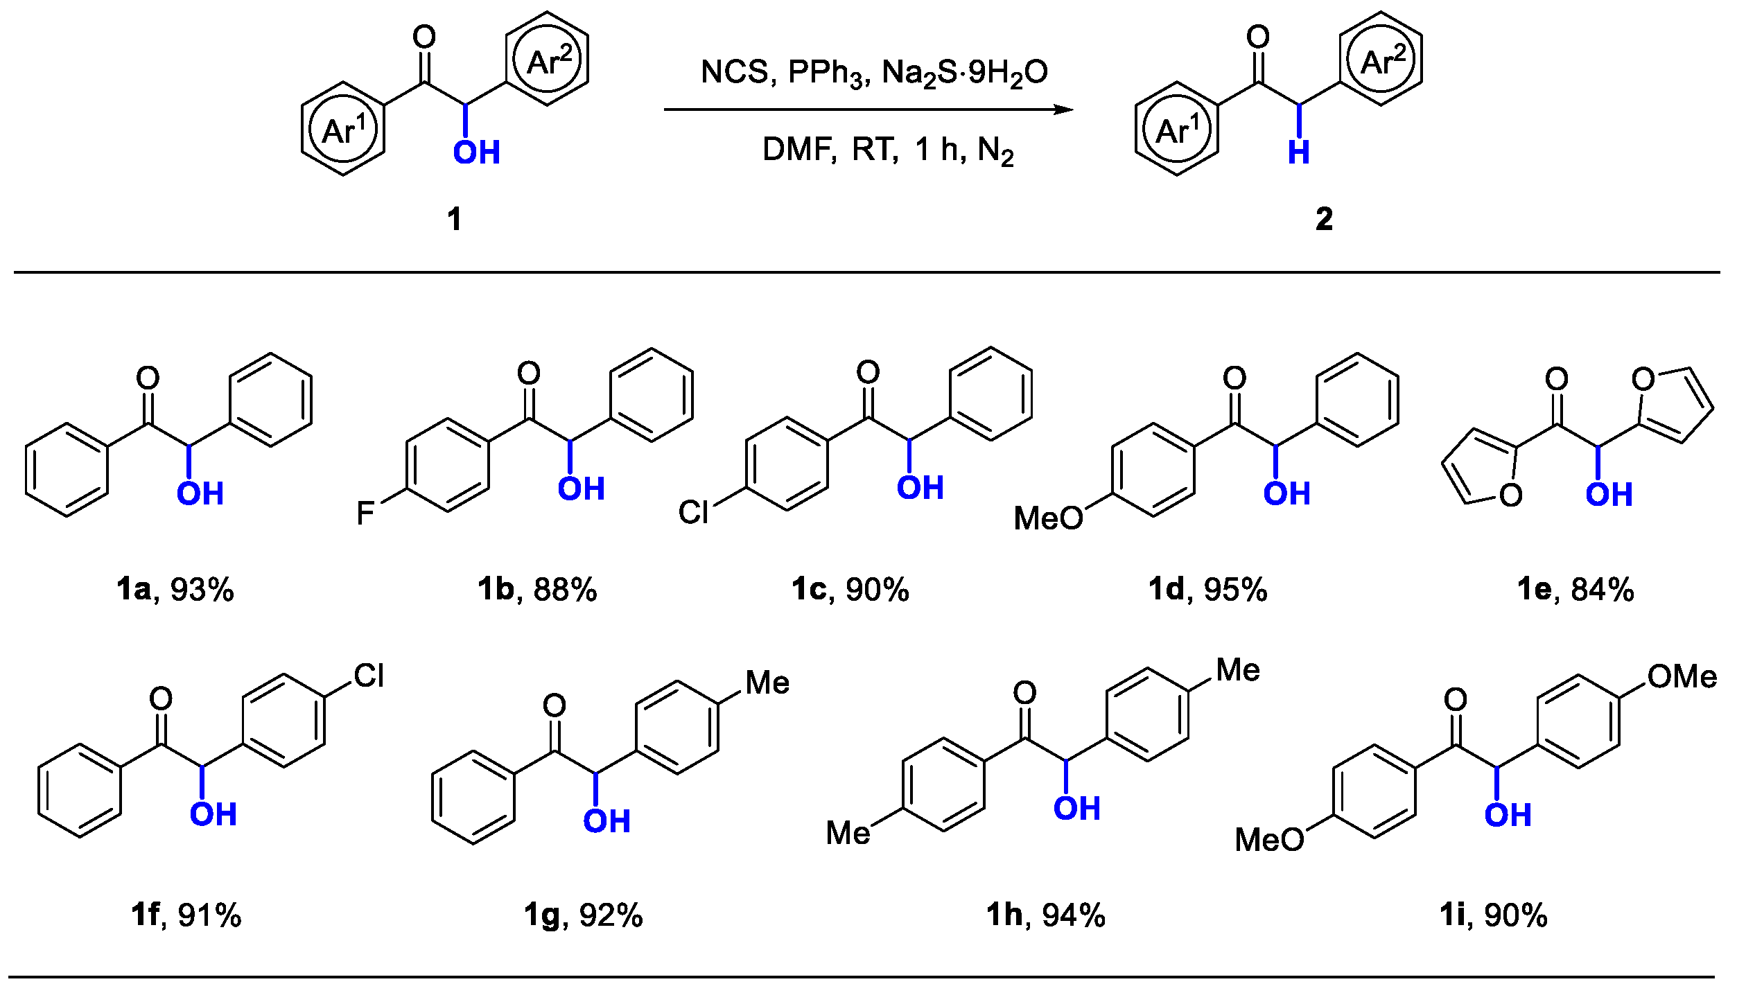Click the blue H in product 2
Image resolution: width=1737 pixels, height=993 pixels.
coord(1298,152)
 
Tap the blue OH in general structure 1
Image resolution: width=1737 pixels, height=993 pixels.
coord(477,152)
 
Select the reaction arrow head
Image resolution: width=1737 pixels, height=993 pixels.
coord(1063,109)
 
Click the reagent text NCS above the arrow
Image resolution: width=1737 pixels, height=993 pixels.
coord(734,72)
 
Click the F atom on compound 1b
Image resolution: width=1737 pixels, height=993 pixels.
coord(365,513)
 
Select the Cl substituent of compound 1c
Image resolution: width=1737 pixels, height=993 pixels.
coord(693,513)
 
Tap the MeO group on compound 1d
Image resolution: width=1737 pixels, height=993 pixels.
coord(1047,518)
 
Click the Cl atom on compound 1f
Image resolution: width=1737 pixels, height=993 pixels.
coord(369,676)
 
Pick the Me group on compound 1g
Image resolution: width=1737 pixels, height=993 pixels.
coord(767,683)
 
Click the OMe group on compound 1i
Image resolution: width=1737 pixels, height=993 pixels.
coord(1682,677)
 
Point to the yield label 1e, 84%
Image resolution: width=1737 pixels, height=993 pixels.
coord(1575,590)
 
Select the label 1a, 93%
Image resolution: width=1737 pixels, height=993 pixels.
coord(175,590)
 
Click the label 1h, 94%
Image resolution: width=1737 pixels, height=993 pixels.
coord(1045,915)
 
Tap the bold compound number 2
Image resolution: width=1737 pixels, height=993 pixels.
coord(1324,220)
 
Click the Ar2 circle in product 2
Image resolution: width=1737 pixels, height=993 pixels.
coord(1381,60)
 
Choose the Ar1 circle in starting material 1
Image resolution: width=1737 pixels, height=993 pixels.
coord(343,130)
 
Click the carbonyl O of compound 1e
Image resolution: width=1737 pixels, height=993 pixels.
coord(1557,379)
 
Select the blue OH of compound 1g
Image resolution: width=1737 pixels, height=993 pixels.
coord(606,822)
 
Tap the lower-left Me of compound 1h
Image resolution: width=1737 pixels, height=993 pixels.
coord(848,833)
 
